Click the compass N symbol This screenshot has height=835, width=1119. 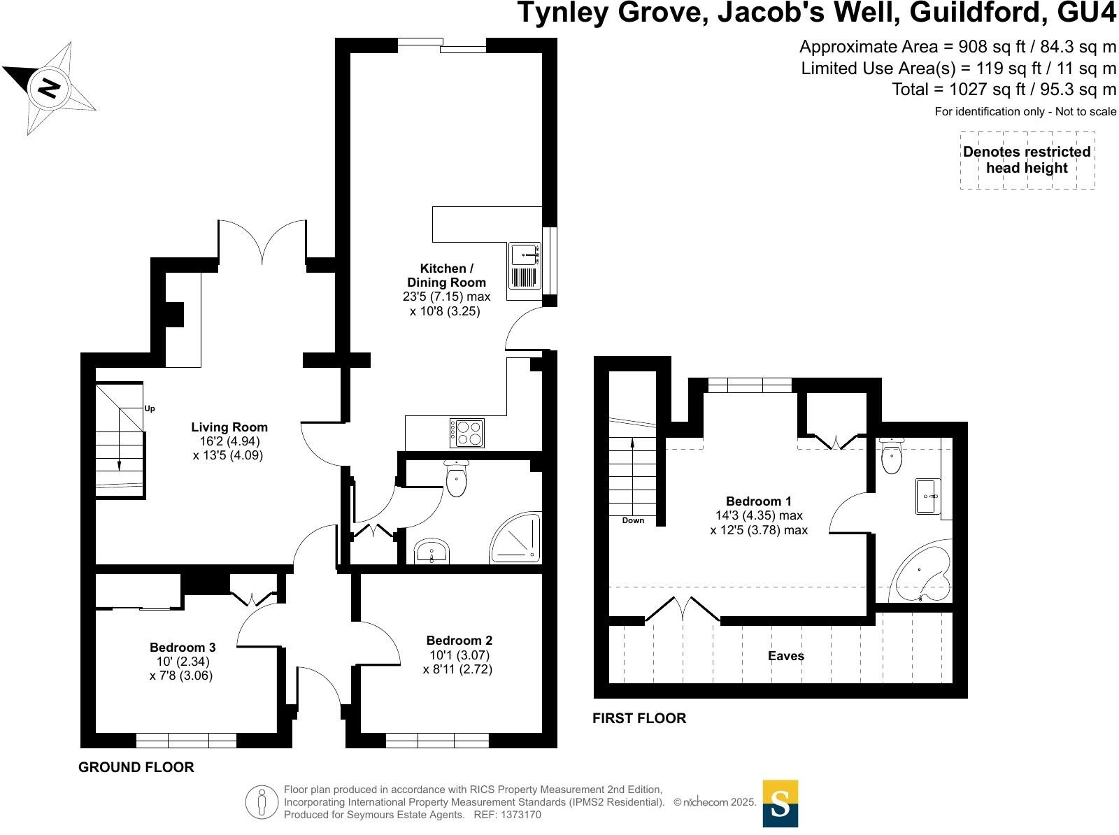tap(48, 88)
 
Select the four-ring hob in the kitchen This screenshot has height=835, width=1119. tap(466, 433)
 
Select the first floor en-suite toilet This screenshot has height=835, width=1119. tap(891, 457)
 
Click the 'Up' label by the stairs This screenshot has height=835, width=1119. tap(150, 408)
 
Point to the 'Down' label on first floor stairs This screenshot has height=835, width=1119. tap(633, 520)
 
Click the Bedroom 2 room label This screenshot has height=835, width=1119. tap(459, 641)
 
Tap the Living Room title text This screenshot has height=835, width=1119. tap(229, 427)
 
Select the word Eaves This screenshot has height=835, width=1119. tap(786, 656)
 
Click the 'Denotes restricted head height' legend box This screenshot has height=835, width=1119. tap(1027, 160)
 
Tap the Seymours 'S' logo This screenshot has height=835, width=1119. tap(780, 804)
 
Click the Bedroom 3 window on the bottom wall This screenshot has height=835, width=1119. tap(186, 740)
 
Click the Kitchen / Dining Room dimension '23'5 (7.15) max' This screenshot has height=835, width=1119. tap(446, 297)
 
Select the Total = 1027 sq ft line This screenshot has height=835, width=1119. tap(1004, 90)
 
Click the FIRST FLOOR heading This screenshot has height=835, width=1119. tap(639, 718)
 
